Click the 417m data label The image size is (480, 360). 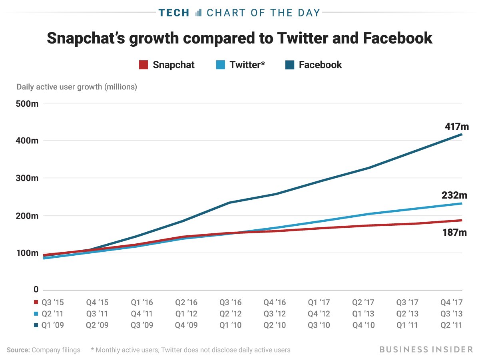click(x=456, y=127)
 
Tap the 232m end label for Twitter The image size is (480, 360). click(x=454, y=195)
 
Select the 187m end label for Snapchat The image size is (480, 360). click(x=454, y=232)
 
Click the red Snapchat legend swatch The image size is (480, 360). click(x=143, y=65)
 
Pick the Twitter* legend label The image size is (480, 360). click(x=247, y=65)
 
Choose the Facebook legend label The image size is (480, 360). click(x=320, y=65)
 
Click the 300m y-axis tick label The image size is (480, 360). click(x=27, y=178)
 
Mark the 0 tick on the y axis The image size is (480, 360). click(x=36, y=290)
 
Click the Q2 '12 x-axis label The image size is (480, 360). click(x=231, y=314)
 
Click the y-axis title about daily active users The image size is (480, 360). click(x=77, y=87)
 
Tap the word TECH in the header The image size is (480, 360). click(x=174, y=13)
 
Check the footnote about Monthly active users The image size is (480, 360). click(x=190, y=350)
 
